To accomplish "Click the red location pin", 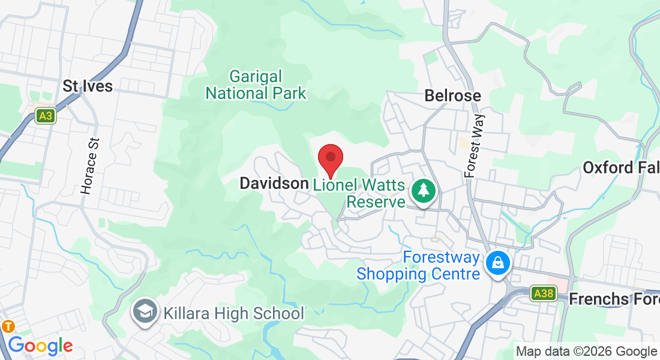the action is click(330, 158).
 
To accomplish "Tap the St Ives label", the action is click(88, 86).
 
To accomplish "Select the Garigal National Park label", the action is click(256, 85).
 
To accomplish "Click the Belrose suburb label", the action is click(453, 95).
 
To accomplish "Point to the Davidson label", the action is click(274, 184).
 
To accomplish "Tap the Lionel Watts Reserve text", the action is click(359, 193).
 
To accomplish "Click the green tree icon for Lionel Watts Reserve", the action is click(424, 191).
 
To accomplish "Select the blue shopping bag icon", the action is click(497, 262).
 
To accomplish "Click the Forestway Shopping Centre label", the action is click(418, 266).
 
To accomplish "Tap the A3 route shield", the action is click(45, 115).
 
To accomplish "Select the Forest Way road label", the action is click(474, 146).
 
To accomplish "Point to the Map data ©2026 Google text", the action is click(587, 352).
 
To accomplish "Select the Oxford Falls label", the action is click(621, 167).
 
